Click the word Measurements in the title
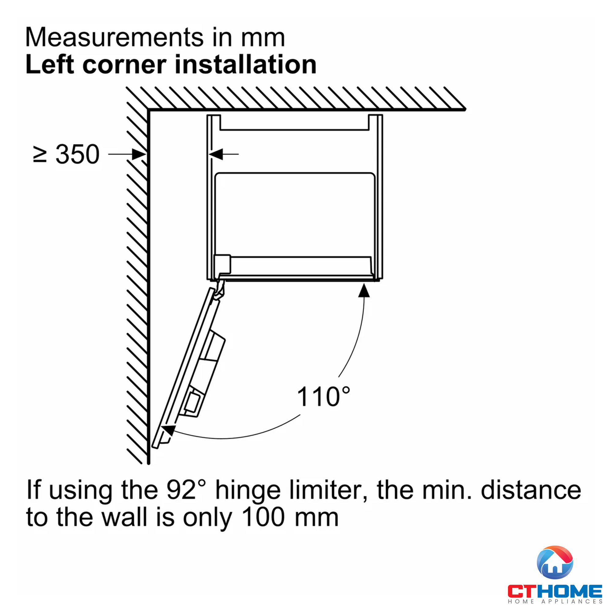point(114,37)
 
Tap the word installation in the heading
point(245,65)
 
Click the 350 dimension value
point(77,155)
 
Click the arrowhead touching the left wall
point(139,155)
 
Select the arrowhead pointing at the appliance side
point(216,154)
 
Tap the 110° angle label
point(323,397)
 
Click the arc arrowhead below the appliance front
point(364,290)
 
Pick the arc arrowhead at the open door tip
point(169,431)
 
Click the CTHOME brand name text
point(555,591)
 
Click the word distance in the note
point(531,490)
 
